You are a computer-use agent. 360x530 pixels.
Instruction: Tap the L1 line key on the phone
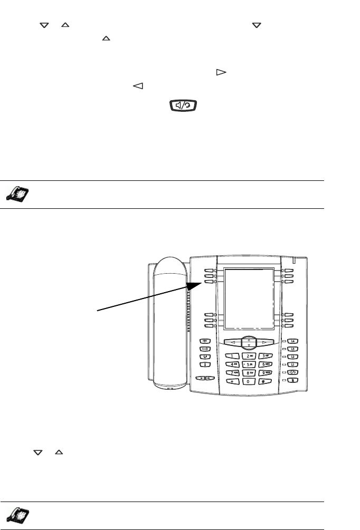(293, 364)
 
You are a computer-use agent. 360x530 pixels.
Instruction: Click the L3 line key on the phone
(293, 349)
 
